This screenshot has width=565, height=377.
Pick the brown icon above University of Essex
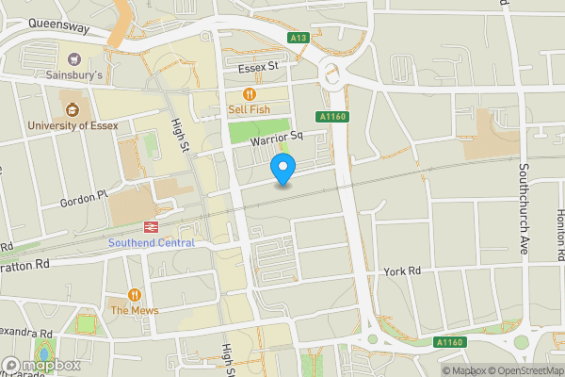(72, 107)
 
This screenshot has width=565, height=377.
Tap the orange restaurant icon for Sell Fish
(250, 93)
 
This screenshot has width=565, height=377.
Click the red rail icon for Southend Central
(150, 227)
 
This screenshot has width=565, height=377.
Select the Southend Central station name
(151, 243)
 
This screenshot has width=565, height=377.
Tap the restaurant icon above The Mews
(134, 294)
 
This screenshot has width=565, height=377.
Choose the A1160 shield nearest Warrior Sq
(333, 116)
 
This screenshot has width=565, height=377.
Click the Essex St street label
(260, 67)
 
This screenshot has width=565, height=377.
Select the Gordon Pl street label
(79, 200)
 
